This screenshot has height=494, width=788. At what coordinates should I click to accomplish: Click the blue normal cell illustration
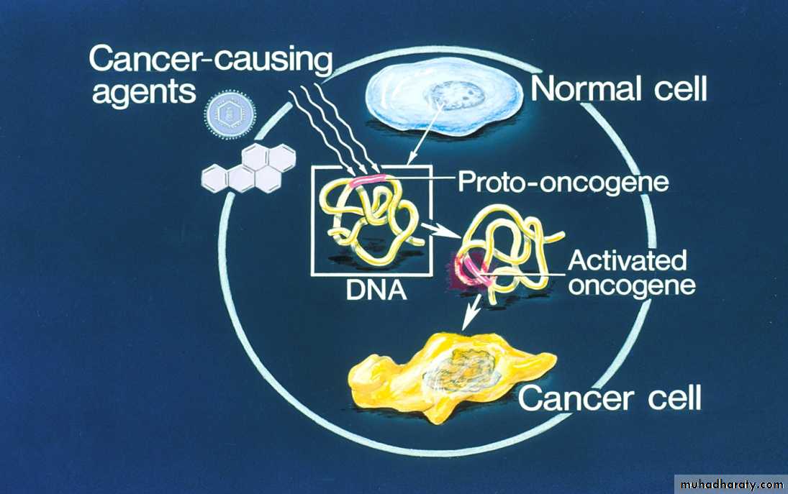[x=444, y=99]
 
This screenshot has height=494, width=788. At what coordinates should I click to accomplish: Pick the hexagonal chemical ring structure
[x=249, y=169]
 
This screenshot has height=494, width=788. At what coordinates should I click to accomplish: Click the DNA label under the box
[x=376, y=291]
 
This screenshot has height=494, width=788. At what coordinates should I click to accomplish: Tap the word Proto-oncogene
[x=563, y=181]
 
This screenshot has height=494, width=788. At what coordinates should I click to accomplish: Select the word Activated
[x=628, y=261]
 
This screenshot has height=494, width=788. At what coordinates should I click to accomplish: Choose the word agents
[x=144, y=92]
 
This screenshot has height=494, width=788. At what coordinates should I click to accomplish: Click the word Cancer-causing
[x=211, y=59]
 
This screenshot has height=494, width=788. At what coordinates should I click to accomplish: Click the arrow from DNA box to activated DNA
[x=440, y=232]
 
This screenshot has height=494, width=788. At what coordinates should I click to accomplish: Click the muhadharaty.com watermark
[x=730, y=485]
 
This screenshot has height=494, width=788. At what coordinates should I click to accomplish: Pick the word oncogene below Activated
[x=633, y=285]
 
